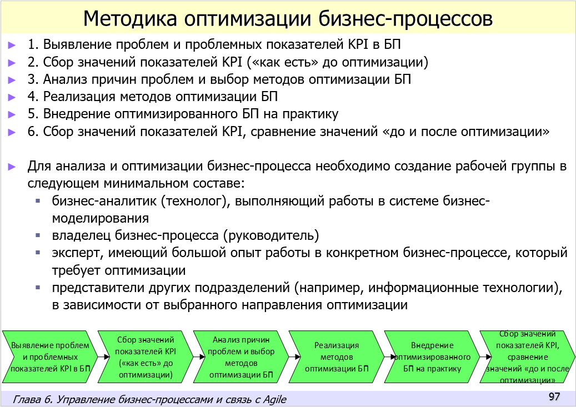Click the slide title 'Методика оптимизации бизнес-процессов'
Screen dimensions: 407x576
pyautogui.click(x=288, y=18)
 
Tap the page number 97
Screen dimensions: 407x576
pyautogui.click(x=554, y=396)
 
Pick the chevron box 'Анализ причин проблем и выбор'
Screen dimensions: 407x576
pyautogui.click(x=240, y=356)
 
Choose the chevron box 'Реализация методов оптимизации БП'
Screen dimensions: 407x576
pyautogui.click(x=335, y=356)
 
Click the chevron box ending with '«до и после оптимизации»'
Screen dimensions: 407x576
pyautogui.click(x=527, y=356)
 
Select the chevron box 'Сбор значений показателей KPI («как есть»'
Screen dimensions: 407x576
pyautogui.click(x=145, y=356)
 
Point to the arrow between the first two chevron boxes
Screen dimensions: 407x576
pyautogui.click(x=98, y=356)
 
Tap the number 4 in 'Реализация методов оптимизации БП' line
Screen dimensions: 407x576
pyautogui.click(x=32, y=97)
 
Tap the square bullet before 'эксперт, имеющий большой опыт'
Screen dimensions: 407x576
pyautogui.click(x=38, y=253)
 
